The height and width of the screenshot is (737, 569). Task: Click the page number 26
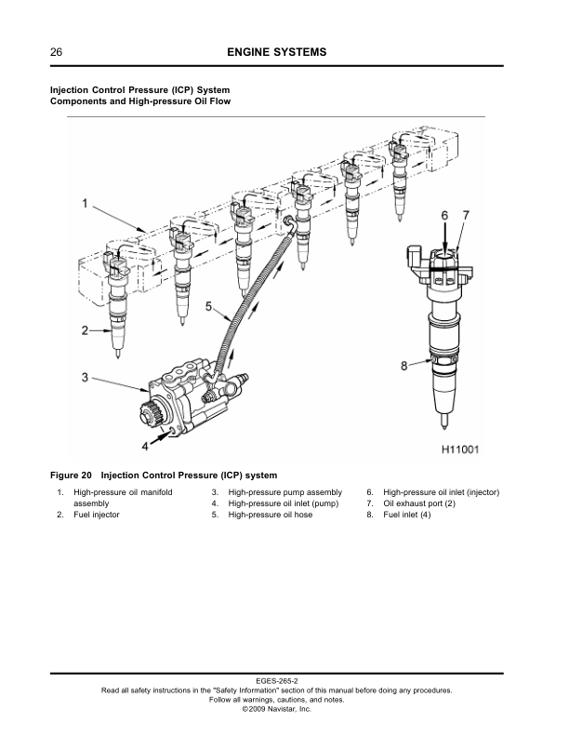[x=56, y=52]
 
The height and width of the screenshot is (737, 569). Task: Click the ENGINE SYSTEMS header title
[x=276, y=52]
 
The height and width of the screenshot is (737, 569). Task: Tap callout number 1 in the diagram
[x=85, y=204]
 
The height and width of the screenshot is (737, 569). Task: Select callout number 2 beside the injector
[x=85, y=330]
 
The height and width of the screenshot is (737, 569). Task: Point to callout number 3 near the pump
[x=85, y=378]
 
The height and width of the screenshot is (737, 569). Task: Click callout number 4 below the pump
[x=145, y=446]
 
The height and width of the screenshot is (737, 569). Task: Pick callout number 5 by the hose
[x=209, y=307]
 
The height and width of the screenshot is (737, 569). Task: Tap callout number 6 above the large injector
[x=444, y=215]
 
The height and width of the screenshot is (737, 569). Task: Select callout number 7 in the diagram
[x=466, y=215]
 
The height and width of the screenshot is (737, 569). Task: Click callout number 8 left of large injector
[x=404, y=365]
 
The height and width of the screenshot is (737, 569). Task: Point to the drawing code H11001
[x=460, y=449]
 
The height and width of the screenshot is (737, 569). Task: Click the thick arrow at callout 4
[x=161, y=437]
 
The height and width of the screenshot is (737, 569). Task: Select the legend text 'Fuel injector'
[x=97, y=515]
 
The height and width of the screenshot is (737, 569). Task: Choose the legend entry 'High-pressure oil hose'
[x=270, y=515]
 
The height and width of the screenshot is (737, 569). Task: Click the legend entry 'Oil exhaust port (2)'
[x=419, y=503]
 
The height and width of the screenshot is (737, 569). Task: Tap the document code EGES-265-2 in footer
[x=277, y=680]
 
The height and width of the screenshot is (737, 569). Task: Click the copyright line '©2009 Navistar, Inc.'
[x=276, y=709]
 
